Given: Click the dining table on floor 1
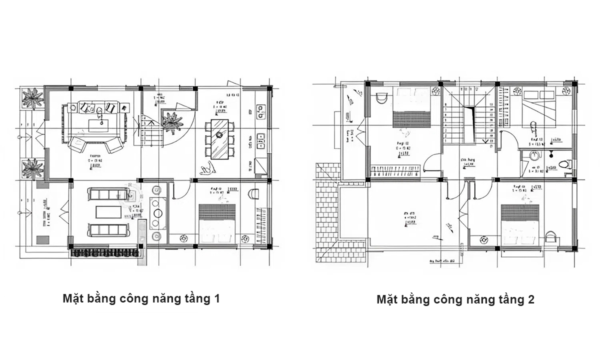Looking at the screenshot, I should tap(219, 138).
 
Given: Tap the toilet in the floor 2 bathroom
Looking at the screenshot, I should tap(564, 163).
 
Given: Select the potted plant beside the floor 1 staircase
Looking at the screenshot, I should tap(171, 122).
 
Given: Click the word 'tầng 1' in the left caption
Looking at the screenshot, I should tap(201, 299).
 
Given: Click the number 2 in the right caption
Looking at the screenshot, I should tap(531, 300).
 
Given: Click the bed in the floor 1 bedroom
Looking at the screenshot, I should tap(216, 223).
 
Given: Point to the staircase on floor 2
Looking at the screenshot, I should tap(468, 119).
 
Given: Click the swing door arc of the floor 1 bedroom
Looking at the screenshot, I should tap(181, 190).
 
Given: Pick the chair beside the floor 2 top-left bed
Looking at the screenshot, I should tap(381, 97).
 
